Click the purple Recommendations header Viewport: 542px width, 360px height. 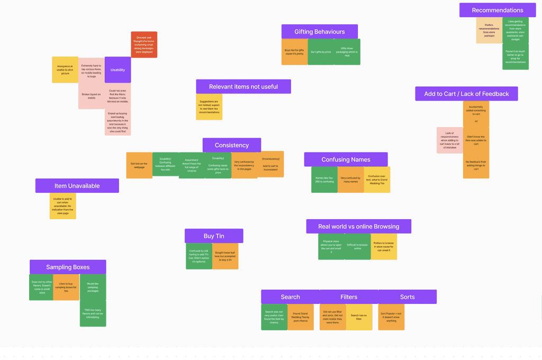(497, 10)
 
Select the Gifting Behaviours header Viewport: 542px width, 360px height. (319, 32)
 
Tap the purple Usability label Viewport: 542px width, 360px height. (118, 70)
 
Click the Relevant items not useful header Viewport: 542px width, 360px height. (243, 87)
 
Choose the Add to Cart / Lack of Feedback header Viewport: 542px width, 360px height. (466, 94)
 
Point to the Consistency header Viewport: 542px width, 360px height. (231, 145)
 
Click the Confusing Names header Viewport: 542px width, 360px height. (346, 159)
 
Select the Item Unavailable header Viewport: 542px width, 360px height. (77, 186)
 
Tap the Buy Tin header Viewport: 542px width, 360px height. (213, 236)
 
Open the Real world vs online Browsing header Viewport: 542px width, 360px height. (358, 227)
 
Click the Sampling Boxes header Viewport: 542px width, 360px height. (68, 267)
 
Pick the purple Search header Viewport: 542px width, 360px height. (290, 297)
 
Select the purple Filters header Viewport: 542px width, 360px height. (349, 297)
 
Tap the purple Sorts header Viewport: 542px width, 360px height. (407, 297)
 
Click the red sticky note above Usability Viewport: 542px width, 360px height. (144, 44)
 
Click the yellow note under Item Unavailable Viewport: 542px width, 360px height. (63, 206)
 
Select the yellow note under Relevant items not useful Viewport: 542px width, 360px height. (209, 107)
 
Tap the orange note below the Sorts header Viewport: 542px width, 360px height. (391, 317)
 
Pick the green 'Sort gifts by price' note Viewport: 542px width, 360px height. (321, 52)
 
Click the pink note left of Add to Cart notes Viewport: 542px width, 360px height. (450, 140)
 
